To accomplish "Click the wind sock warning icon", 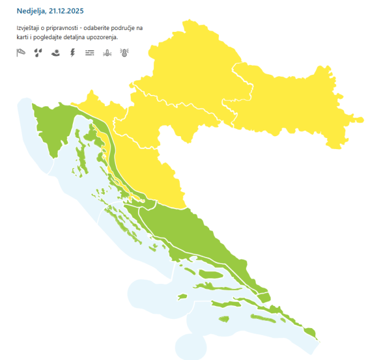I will pos(21,53).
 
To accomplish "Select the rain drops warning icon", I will pos(38,53).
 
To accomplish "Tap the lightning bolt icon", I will pos(73,53).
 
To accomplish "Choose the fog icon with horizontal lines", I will pos(90,53).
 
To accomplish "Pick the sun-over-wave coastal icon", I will pos(56,53).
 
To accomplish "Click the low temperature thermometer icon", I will pos(107,53).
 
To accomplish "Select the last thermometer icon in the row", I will pos(124,53).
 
